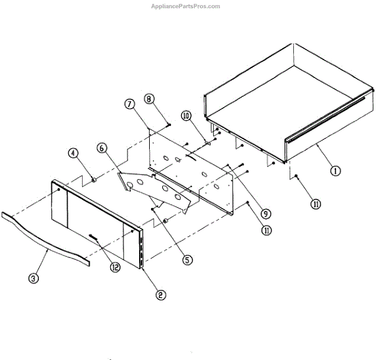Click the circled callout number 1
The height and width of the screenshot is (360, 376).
337,170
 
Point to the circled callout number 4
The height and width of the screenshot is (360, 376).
73,153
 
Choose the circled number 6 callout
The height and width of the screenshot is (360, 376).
102,148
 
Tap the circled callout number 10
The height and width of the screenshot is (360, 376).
186,116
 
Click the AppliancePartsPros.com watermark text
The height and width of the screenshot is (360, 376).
187,6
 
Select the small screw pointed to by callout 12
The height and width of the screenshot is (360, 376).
95,237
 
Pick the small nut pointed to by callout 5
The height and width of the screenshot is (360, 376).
165,222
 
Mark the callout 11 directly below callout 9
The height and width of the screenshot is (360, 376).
268,230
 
